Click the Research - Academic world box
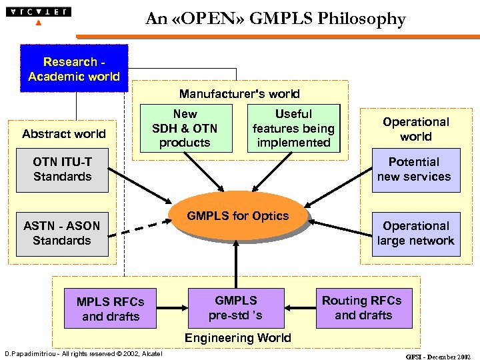pos(74,69)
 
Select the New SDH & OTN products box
pos(185,128)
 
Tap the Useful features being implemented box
pos(293,128)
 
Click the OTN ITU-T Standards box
pos(62,169)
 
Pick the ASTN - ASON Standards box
pos(62,233)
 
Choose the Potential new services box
pos(415,169)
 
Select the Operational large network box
pos(415,233)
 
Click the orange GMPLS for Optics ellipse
pos(238,216)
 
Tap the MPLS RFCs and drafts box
pos(111,309)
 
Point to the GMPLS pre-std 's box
pos(235,307)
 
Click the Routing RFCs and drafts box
pos(363,307)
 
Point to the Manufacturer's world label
pos(239,94)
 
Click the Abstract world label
pos(63,134)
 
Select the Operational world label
pos(416,129)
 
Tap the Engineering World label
pos(238,338)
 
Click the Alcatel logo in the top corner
pos(38,13)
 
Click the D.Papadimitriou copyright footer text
pos(83,353)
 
